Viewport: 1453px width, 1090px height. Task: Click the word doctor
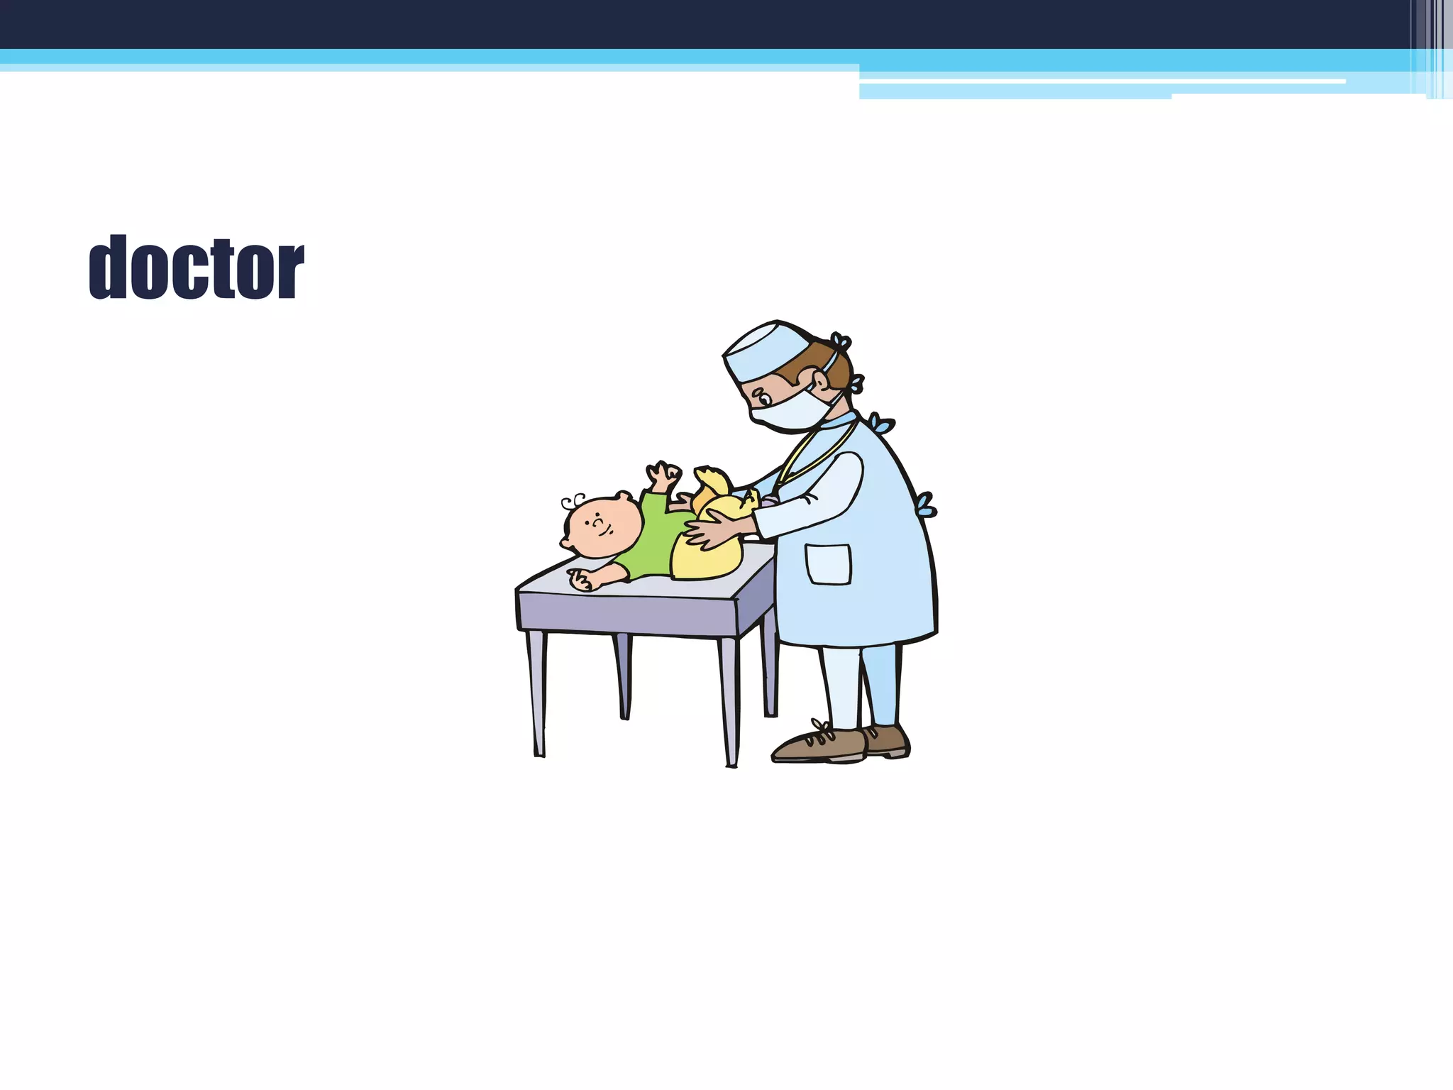coord(197,268)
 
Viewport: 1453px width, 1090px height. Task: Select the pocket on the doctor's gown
coord(828,564)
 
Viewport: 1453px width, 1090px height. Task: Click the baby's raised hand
coord(663,474)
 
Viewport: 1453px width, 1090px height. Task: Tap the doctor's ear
coord(821,383)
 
